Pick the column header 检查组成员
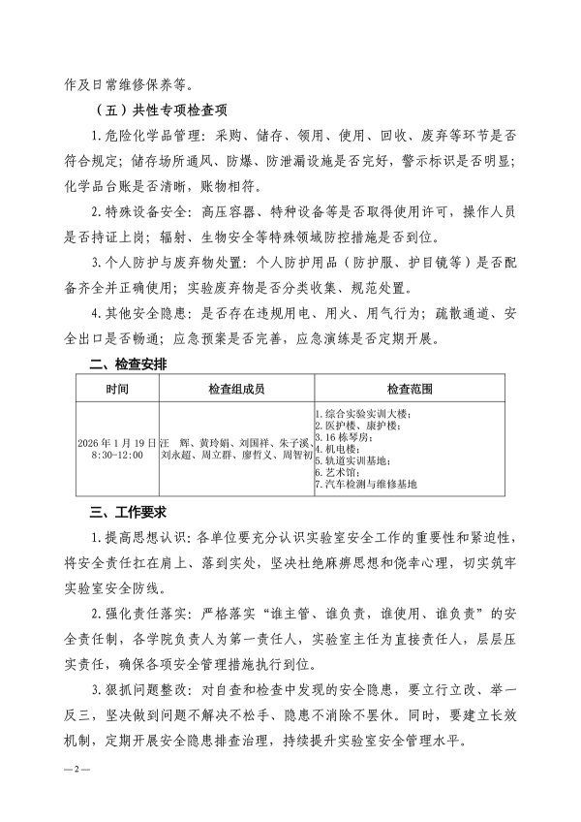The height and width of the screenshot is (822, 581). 236,389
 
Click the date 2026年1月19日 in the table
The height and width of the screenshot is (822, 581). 116,441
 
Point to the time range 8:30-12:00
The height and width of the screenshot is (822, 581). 116,454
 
